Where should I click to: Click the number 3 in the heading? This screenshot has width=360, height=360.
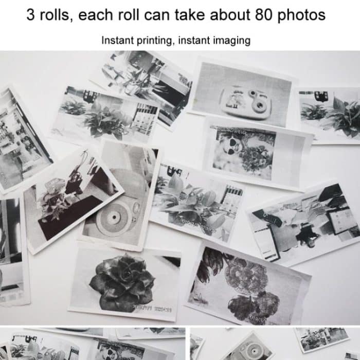(x=31, y=15)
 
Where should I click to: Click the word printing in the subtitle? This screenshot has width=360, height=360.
(x=153, y=40)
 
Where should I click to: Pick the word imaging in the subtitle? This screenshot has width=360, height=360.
(x=233, y=40)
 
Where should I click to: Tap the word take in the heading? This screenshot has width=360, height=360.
(x=194, y=15)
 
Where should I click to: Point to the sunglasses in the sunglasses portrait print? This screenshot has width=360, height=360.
(x=227, y=141)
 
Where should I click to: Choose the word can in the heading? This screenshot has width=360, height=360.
(x=165, y=15)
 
